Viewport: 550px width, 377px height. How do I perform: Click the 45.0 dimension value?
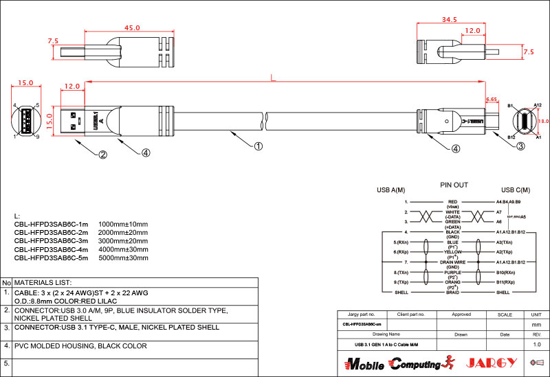click(132, 28)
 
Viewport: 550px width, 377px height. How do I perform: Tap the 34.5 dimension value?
click(450, 20)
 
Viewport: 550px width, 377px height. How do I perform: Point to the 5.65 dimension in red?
click(492, 100)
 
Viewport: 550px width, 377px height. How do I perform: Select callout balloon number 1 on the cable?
click(258, 146)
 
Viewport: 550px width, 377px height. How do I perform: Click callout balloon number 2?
click(102, 155)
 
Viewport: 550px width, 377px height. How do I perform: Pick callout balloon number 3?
click(520, 146)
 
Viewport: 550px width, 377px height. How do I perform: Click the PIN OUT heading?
click(454, 185)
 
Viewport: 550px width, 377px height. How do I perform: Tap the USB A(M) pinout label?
click(390, 190)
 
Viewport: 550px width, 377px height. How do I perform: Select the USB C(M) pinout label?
click(516, 190)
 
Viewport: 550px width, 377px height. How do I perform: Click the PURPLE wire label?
click(452, 273)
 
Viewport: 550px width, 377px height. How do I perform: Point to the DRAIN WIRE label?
click(452, 262)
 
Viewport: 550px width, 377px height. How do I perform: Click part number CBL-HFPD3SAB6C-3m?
click(52, 242)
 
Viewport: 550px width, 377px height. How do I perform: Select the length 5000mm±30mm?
click(124, 258)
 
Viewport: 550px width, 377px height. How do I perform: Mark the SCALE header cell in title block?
click(505, 314)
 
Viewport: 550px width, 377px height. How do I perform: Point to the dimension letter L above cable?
click(273, 79)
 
